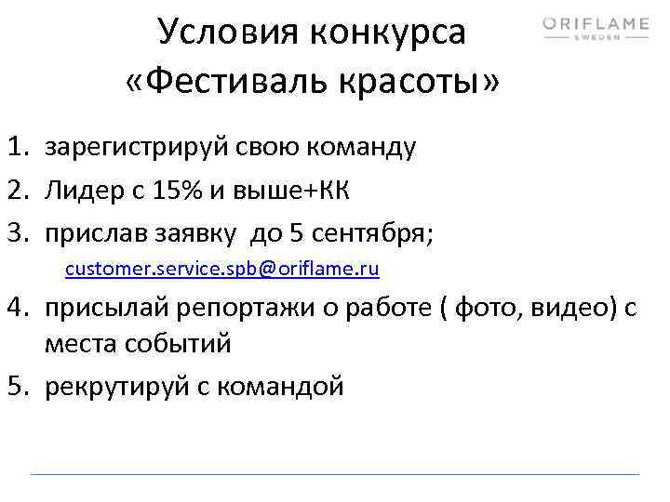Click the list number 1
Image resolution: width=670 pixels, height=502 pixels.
[18, 146]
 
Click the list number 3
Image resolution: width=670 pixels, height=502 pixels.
[18, 232]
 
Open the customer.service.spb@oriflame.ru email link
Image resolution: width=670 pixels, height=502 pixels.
[222, 270]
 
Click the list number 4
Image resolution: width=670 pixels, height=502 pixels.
[18, 309]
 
